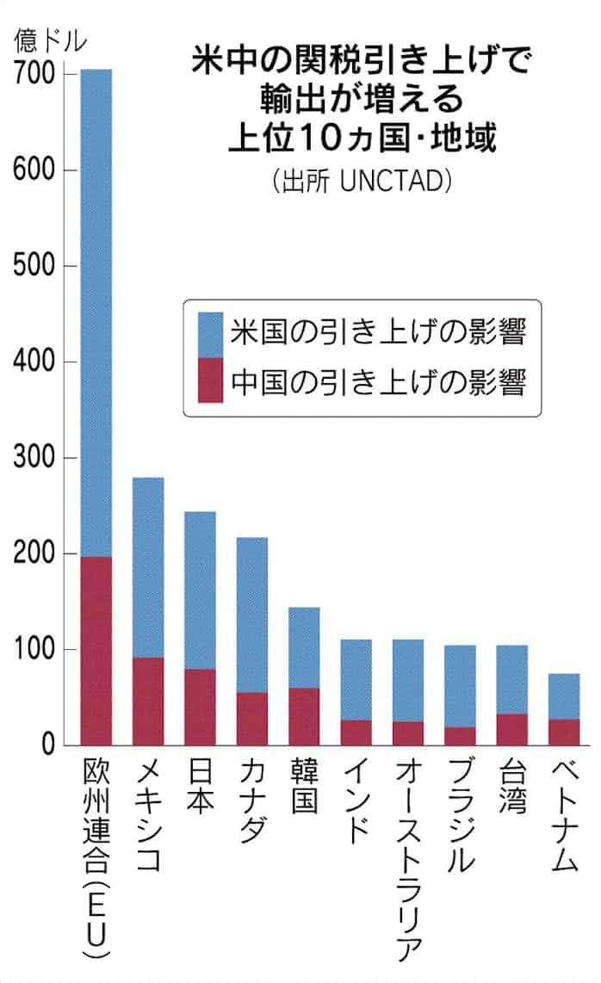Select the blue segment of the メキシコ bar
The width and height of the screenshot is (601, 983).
[148, 567]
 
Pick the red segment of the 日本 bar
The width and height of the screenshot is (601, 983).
[200, 707]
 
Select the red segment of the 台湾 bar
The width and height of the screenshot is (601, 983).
[512, 729]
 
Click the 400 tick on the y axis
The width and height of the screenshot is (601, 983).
[34, 362]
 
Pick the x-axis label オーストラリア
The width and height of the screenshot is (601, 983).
[408, 861]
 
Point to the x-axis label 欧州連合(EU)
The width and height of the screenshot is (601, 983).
[96, 861]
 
